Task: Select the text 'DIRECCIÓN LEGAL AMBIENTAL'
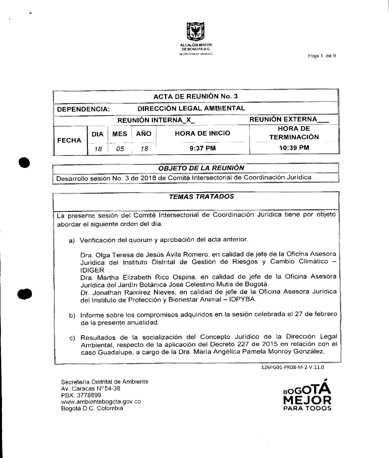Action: (191, 108)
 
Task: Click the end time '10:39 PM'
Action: (294, 148)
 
